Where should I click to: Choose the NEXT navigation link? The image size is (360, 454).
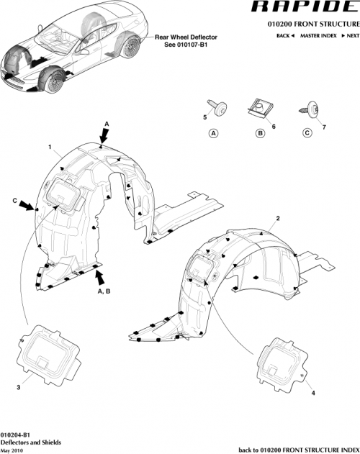click(x=350, y=35)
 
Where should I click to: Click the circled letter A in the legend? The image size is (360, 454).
click(x=213, y=133)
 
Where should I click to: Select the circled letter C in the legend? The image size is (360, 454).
click(x=307, y=133)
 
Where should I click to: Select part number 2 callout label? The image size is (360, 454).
click(x=278, y=217)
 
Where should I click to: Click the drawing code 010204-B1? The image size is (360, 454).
click(x=16, y=435)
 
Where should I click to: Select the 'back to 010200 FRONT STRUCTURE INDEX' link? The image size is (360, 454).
click(x=296, y=449)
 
